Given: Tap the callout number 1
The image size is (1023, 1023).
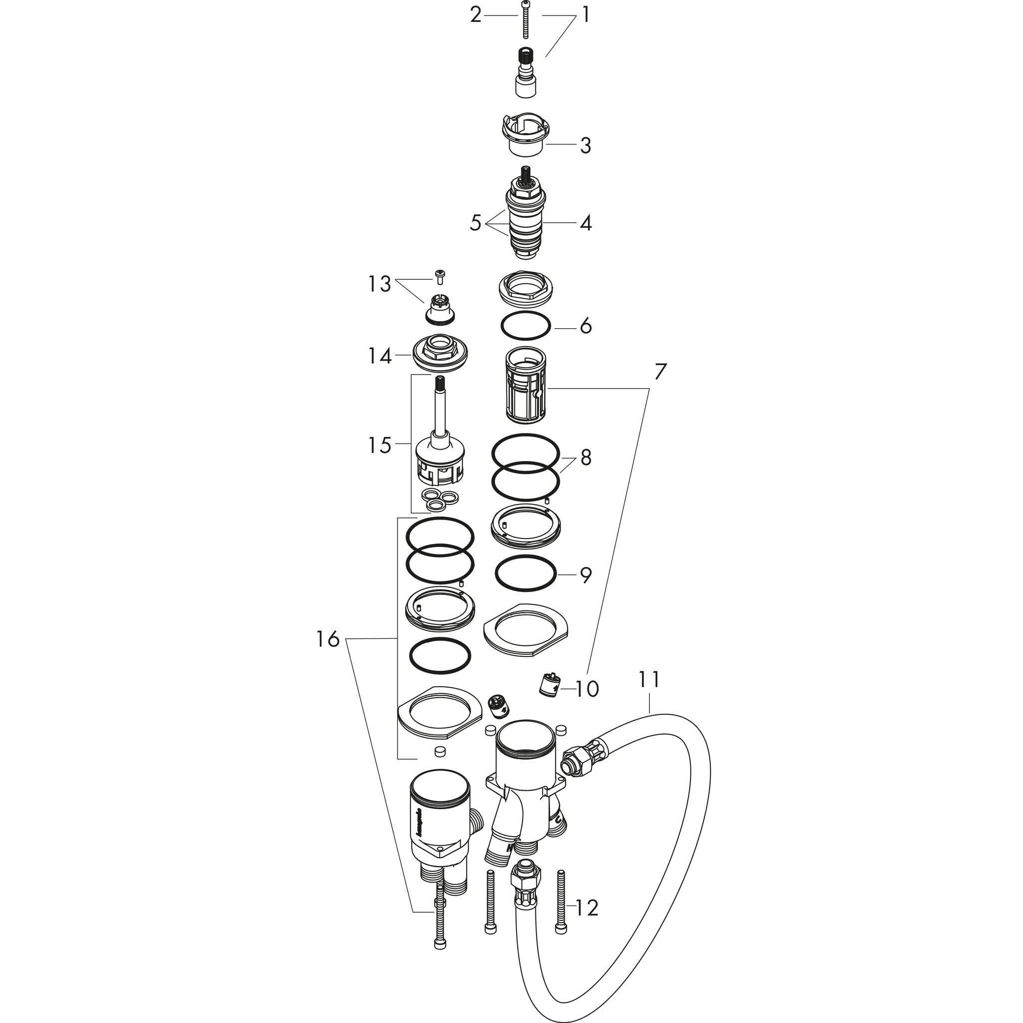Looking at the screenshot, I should (585, 15).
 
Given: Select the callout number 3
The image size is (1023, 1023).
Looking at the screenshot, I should (584, 145).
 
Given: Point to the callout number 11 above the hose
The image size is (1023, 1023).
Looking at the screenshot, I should (649, 679).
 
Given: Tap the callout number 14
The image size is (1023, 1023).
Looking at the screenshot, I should (380, 356).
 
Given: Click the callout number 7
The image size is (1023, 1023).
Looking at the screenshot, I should (659, 372).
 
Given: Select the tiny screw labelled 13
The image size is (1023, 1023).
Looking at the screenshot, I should (440, 276).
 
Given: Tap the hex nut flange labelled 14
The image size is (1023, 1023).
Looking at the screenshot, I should (439, 353).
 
